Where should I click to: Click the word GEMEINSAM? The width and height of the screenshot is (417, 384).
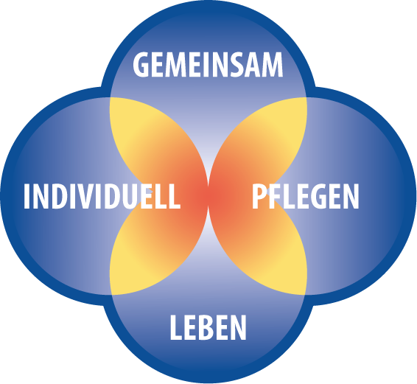(208, 65)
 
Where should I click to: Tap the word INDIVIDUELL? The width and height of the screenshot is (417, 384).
(102, 196)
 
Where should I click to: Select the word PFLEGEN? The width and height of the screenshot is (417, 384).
(306, 196)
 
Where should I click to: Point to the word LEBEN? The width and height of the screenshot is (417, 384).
(208, 327)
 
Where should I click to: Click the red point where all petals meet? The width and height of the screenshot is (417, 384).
(208, 196)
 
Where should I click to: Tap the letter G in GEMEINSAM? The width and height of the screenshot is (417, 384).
(141, 65)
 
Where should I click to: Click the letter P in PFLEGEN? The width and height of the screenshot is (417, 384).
(259, 196)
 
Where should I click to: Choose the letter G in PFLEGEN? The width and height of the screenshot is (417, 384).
(319, 196)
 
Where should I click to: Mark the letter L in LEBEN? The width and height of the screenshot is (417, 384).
(176, 327)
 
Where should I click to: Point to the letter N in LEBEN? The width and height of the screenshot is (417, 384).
(238, 327)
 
